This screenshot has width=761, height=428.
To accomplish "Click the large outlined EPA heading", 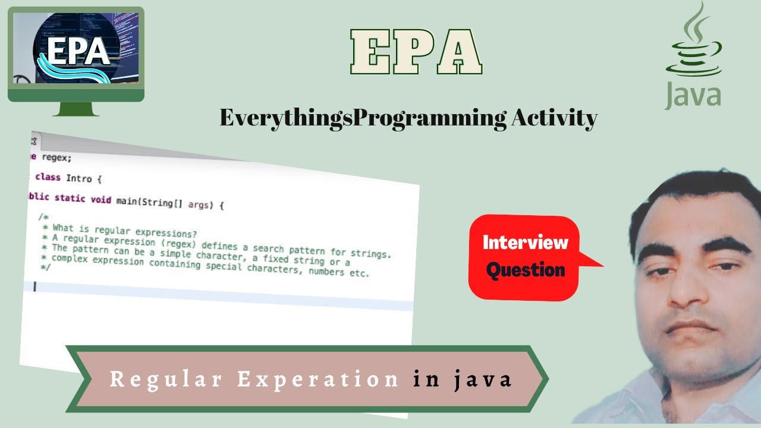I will (x=416, y=51).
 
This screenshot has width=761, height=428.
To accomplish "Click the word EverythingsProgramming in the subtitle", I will (x=362, y=118).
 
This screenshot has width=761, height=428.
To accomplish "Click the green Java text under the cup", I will (x=693, y=96).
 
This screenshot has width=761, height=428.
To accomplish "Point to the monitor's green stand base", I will (x=76, y=109).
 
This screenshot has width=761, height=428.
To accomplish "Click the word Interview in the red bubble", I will (x=525, y=242).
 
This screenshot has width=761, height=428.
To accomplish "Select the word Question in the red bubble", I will (x=525, y=270).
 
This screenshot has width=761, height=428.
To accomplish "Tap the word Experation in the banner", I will (x=318, y=379).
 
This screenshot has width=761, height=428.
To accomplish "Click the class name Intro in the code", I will (x=79, y=178).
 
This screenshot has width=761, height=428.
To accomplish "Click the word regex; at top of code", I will (x=56, y=158).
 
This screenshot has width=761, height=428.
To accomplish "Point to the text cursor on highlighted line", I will (x=35, y=287).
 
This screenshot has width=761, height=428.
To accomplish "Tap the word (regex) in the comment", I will (x=182, y=244).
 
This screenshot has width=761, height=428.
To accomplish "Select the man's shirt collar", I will (x=648, y=386).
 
